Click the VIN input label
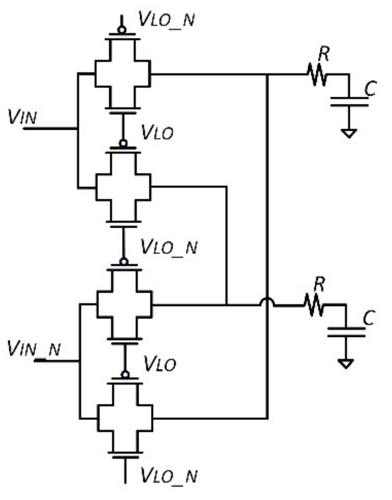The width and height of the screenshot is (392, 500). (x=23, y=116)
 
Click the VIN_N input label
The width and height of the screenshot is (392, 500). (x=34, y=348)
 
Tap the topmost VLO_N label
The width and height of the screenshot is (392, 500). (x=166, y=19)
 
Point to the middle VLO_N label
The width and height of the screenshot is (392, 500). (x=169, y=247)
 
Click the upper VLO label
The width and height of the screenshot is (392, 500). (x=157, y=132)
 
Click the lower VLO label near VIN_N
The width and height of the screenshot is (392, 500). (x=160, y=364)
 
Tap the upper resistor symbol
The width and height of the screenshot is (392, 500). (x=317, y=75)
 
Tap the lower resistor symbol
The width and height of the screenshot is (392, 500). (x=314, y=305)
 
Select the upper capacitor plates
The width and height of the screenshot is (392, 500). (x=349, y=102)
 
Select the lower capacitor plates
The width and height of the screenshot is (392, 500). (x=346, y=332)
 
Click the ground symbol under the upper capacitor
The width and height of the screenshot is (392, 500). (x=349, y=133)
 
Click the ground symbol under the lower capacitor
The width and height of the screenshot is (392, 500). (x=346, y=364)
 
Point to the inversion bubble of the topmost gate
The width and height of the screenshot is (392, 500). (x=122, y=30)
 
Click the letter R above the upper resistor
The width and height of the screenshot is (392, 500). (x=324, y=54)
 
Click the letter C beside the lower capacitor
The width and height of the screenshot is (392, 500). (x=369, y=318)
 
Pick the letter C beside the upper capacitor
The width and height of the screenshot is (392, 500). (x=370, y=88)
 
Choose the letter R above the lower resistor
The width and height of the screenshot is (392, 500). (x=319, y=284)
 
